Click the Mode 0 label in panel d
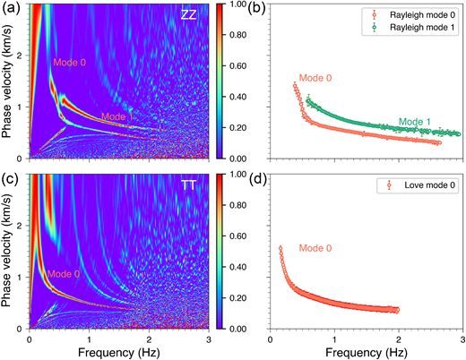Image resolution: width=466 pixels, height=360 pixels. tap(316, 246)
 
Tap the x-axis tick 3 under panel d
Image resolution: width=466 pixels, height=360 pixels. tap(462, 340)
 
